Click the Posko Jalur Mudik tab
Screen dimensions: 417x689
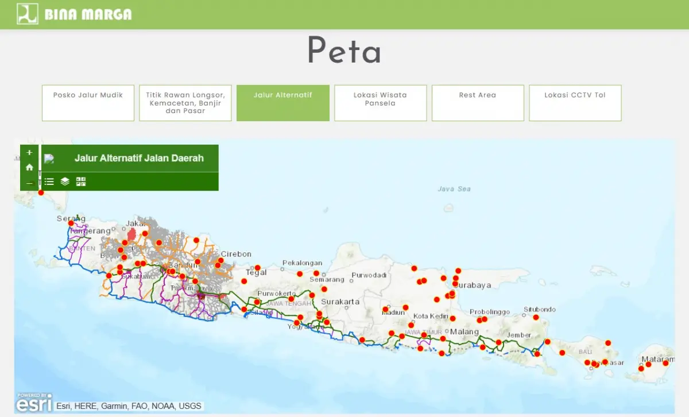click(88, 103)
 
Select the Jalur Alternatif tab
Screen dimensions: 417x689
click(283, 103)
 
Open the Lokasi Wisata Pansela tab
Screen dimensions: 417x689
click(380, 103)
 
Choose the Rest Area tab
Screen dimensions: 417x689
click(478, 103)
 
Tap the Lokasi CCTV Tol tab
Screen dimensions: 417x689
click(575, 103)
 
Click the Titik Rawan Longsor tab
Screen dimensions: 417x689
click(185, 103)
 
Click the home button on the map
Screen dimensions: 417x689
click(29, 168)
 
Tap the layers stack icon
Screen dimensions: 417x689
click(65, 182)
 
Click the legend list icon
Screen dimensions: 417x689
click(49, 182)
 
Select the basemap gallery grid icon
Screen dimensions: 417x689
click(81, 182)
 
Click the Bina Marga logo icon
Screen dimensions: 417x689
click(27, 14)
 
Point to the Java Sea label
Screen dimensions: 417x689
click(454, 189)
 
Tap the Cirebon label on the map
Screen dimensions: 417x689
click(236, 254)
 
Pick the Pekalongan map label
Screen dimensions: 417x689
click(302, 263)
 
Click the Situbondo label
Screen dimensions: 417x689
click(539, 310)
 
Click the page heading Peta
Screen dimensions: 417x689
click(344, 51)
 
